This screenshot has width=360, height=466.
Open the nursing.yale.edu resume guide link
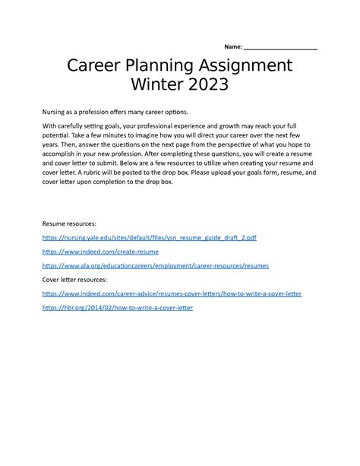[x=150, y=238]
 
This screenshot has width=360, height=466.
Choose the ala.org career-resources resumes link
[x=156, y=266]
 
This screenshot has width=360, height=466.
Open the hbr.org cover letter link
[x=118, y=308]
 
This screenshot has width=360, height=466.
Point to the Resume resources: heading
[x=70, y=225]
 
